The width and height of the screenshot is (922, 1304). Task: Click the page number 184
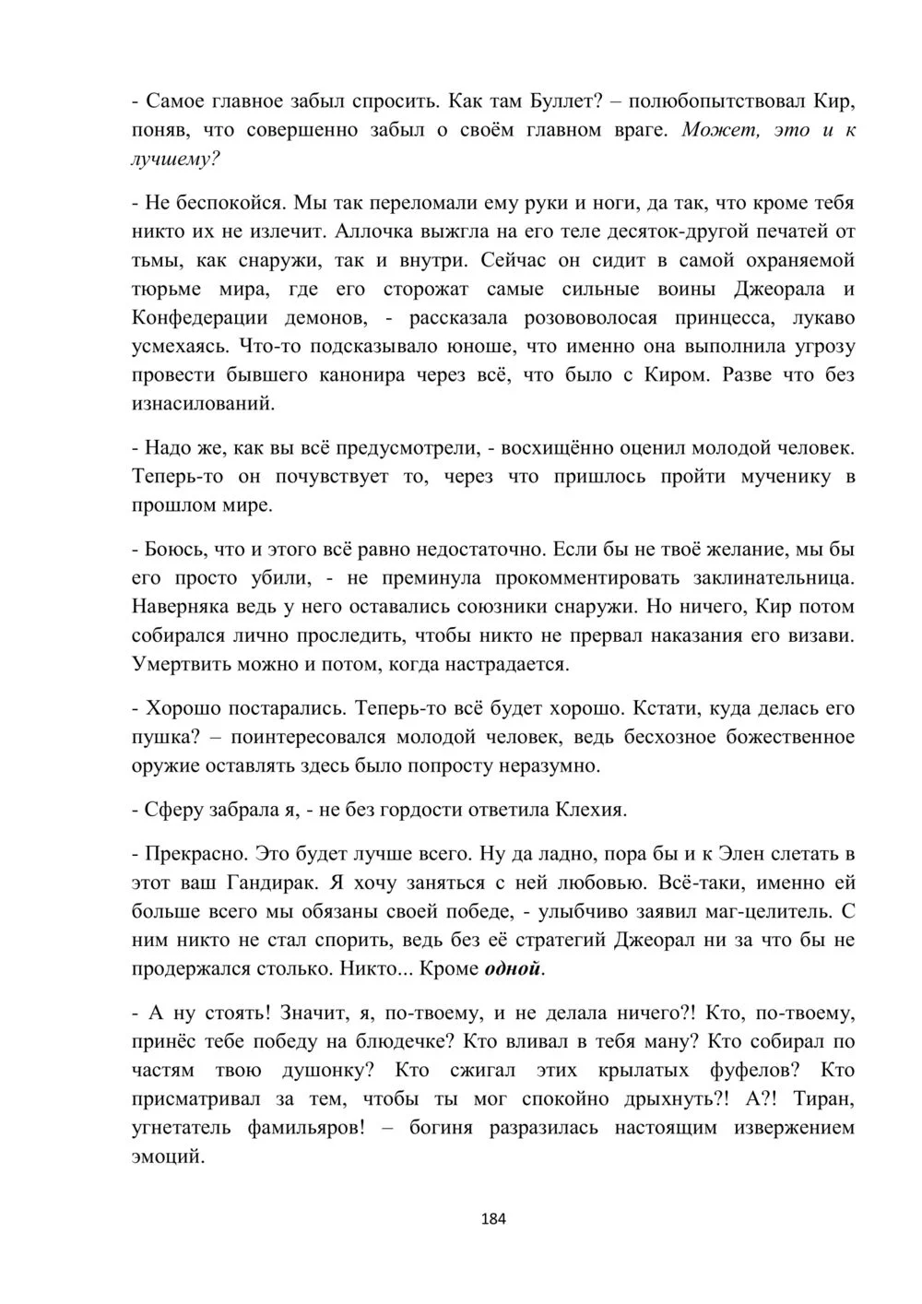494,1218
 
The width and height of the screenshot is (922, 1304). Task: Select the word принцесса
729,317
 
